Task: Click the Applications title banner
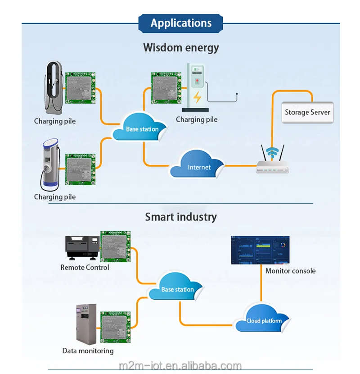point(181,23)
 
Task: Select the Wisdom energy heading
point(181,47)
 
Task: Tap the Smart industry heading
point(181,217)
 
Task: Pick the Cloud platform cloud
point(263,320)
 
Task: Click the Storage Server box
point(307,112)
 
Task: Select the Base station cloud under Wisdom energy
point(142,128)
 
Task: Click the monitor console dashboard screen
point(260,250)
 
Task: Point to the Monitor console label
point(290,271)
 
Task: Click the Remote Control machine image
point(82,247)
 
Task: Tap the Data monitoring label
point(88,351)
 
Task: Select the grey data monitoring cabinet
point(86,324)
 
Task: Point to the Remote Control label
point(85,267)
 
